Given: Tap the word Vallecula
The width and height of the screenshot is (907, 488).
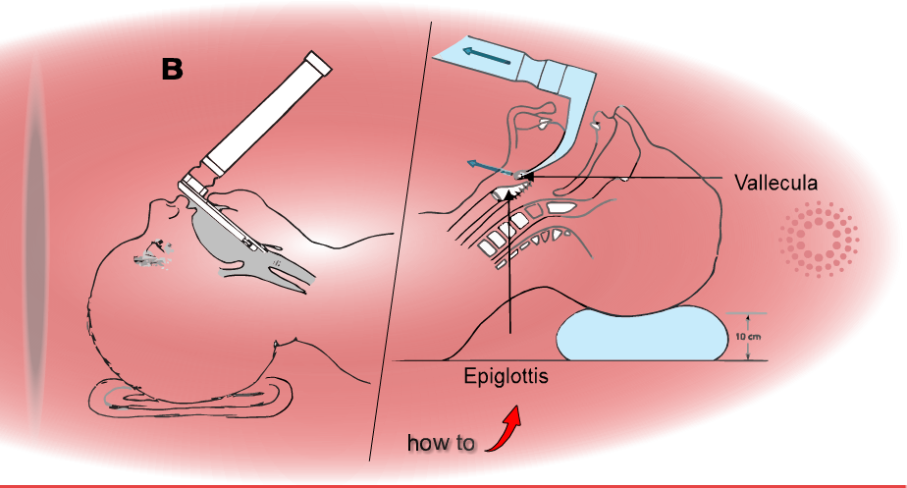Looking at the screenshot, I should tap(775, 183).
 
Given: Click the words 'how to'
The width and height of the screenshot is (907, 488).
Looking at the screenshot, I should tap(441, 444).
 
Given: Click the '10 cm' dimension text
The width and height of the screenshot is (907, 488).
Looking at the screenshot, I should tap(748, 337).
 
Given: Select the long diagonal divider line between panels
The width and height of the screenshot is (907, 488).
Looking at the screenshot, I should tap(402, 245).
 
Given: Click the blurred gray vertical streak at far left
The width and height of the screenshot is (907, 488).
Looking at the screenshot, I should tap(35, 245).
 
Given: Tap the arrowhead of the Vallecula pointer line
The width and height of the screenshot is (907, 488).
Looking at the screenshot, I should tap(529, 177).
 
